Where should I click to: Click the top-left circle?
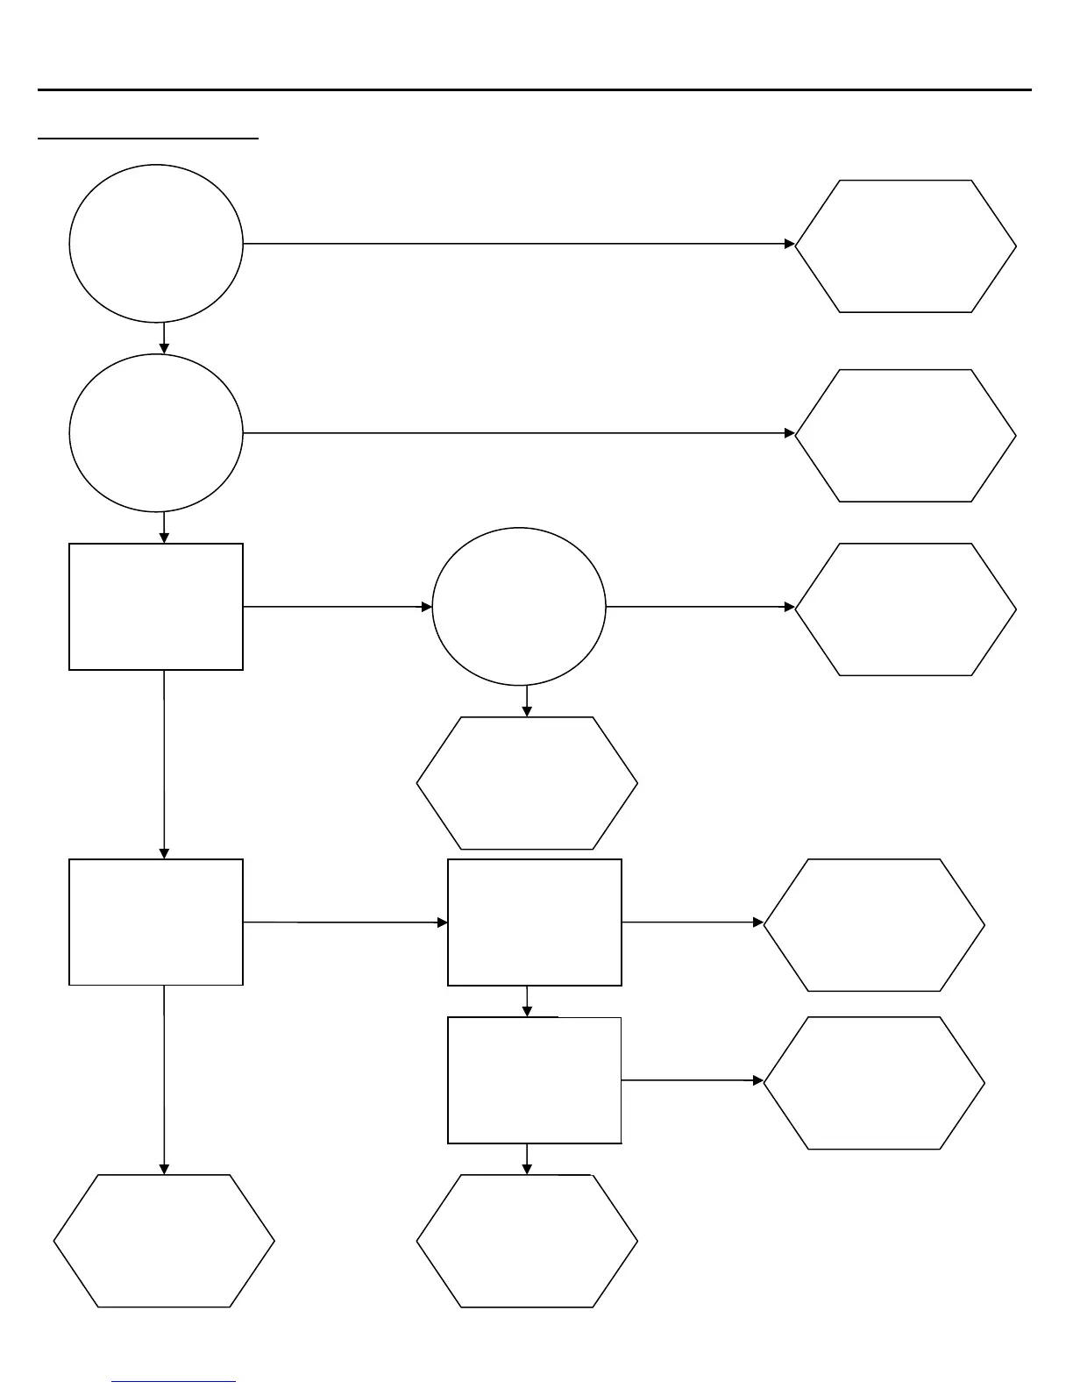(155, 243)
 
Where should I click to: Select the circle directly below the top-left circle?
(155, 432)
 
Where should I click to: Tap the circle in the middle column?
(519, 606)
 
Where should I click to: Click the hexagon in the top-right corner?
(906, 246)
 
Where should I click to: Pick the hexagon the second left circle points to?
(906, 436)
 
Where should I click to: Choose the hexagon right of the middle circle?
(906, 609)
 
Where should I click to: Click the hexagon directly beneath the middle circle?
(527, 783)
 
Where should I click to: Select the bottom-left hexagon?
(164, 1241)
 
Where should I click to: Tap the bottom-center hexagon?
(527, 1241)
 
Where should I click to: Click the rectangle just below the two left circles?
(156, 607)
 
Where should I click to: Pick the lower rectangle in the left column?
(156, 922)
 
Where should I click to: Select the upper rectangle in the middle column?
(535, 922)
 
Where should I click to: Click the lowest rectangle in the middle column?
(535, 1080)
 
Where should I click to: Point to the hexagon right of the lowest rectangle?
(874, 1083)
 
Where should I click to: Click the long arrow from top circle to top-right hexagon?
(517, 243)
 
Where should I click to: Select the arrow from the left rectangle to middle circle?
(338, 606)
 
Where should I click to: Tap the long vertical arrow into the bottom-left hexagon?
(164, 1079)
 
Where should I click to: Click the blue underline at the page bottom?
(174, 1382)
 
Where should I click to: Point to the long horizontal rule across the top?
(535, 89)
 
